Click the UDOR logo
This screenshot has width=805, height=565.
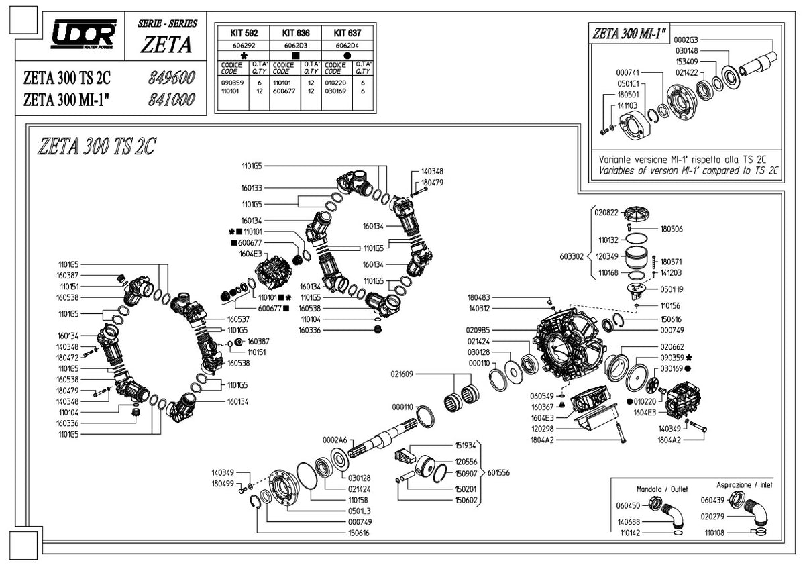pyautogui.click(x=86, y=32)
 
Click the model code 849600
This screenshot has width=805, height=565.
pyautogui.click(x=170, y=77)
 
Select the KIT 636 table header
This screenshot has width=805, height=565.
pyautogui.click(x=294, y=32)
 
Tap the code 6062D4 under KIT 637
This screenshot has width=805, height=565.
pyautogui.click(x=346, y=45)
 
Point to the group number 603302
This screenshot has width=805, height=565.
pyautogui.click(x=571, y=256)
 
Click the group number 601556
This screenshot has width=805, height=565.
pyautogui.click(x=498, y=472)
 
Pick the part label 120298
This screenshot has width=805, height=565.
pyautogui.click(x=542, y=428)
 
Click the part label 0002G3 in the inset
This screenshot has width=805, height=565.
pyautogui.click(x=685, y=40)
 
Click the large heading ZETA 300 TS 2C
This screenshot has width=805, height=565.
pyautogui.click(x=97, y=146)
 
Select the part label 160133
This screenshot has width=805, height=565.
pyautogui.click(x=252, y=188)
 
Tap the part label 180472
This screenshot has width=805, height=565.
pyautogui.click(x=68, y=358)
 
